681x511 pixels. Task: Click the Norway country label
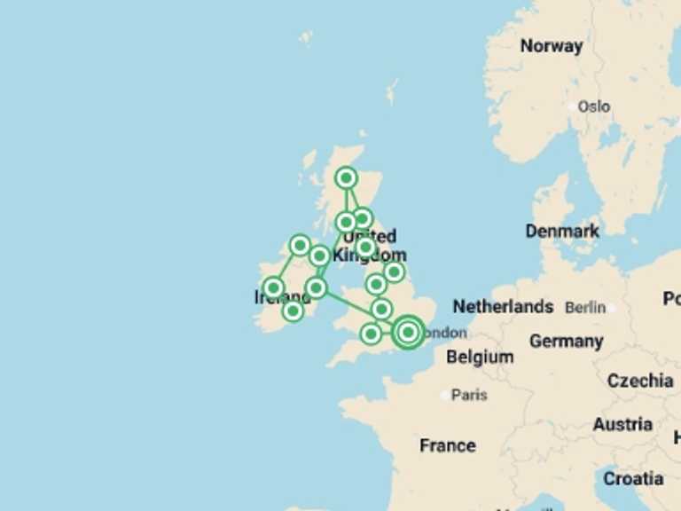click(551, 46)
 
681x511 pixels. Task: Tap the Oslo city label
click(593, 106)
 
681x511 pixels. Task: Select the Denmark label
click(562, 231)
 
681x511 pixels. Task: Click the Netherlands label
click(503, 307)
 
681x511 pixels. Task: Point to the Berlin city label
click(584, 307)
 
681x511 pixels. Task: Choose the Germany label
click(566, 342)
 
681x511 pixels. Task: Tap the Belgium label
click(480, 358)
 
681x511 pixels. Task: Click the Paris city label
click(469, 395)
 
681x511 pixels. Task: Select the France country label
click(447, 445)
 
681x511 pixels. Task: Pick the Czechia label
click(640, 381)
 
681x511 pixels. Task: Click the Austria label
click(622, 425)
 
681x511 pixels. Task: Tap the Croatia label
click(633, 479)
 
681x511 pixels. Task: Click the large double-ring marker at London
click(408, 333)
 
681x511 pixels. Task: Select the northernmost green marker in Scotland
click(347, 178)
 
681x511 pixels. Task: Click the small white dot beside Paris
click(445, 395)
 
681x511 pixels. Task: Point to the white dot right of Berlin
click(612, 308)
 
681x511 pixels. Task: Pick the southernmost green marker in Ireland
click(293, 311)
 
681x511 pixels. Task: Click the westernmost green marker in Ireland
click(273, 287)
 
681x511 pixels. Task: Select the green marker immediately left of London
click(372, 334)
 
